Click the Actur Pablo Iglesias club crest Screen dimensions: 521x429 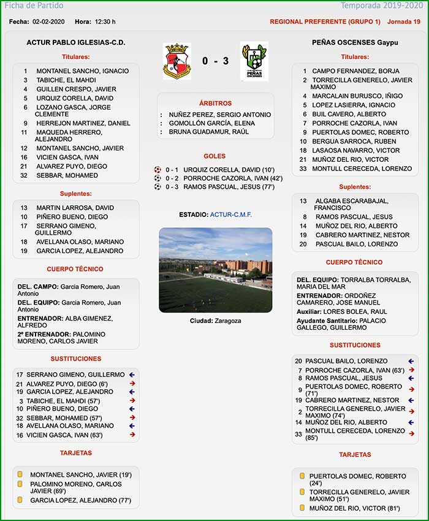pos(177,61)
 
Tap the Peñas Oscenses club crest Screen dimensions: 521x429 pos(254,61)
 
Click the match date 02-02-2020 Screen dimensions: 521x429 pos(49,21)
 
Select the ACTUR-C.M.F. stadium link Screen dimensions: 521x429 pos(231,215)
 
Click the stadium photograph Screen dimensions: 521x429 pos(215,270)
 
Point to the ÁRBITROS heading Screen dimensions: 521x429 pos(215,104)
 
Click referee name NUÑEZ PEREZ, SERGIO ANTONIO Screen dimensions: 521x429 pos(219,115)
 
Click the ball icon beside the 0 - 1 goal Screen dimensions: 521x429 pos(158,170)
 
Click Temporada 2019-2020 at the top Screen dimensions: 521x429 pos(391,6)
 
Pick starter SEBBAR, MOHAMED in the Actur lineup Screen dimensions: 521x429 pos(67,175)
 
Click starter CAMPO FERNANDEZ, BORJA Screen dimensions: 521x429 pos(355,71)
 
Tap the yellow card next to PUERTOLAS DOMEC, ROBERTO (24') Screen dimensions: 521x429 pos(302,476)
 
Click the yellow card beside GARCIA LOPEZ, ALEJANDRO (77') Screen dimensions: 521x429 pos(20,500)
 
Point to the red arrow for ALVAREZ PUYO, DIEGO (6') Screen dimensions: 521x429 pos(132,384)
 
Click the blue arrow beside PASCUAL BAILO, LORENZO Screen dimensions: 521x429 pos(411,361)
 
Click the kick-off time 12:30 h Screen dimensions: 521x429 pos(105,21)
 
